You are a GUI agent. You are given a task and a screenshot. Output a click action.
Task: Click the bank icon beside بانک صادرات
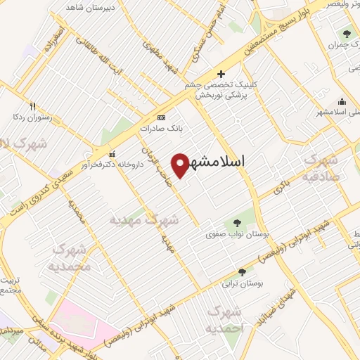coord(162,117)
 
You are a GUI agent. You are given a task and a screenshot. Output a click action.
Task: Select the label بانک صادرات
coord(156,129)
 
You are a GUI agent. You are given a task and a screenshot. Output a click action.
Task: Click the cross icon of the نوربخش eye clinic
coord(221,74)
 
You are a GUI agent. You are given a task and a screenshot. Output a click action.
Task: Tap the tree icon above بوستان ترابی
coord(242,272)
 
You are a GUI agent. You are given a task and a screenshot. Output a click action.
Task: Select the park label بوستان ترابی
coord(242,283)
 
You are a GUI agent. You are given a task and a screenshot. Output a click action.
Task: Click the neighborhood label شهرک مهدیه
coord(144,219)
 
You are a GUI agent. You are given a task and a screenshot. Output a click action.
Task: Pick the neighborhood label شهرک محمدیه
coord(72,257)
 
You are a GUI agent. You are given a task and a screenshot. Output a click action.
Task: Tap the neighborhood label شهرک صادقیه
coord(321,169)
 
